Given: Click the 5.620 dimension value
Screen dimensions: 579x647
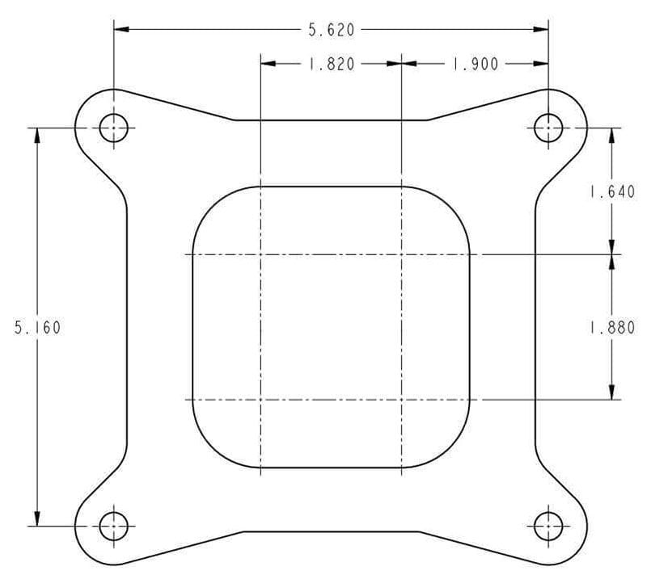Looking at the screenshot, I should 331,30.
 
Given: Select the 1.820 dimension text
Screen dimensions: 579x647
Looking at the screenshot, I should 331,64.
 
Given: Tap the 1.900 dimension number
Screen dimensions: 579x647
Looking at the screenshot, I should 474,64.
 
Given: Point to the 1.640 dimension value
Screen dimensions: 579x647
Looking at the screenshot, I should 612,192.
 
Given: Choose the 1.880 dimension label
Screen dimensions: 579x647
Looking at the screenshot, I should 612,328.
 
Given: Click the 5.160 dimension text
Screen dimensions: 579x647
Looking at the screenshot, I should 37,328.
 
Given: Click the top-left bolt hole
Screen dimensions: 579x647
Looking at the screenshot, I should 114,128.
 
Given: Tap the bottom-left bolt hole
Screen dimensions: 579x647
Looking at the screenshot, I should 114,527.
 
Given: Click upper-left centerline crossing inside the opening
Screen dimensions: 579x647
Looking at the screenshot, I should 260,254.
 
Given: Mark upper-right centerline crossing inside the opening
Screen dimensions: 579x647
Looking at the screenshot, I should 402,254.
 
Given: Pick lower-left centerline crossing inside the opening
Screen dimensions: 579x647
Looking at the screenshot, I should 260,399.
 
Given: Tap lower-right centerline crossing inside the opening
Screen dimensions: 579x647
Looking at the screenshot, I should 402,399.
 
